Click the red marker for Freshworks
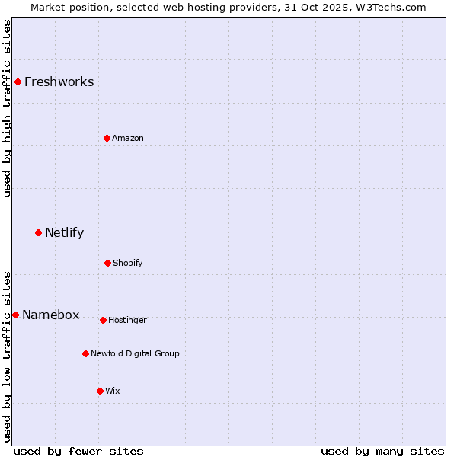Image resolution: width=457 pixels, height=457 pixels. click(x=18, y=81)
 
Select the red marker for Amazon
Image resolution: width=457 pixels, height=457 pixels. click(x=107, y=138)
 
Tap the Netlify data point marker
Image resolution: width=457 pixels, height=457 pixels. click(x=38, y=232)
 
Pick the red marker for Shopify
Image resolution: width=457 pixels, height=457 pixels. click(x=107, y=263)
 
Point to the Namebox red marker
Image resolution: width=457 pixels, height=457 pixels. click(x=15, y=315)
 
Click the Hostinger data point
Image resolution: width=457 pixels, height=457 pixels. click(x=103, y=320)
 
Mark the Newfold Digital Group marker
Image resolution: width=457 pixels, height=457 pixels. click(x=85, y=353)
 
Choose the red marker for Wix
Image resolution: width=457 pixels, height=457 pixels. click(x=100, y=391)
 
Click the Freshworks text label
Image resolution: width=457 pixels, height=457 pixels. click(x=59, y=81)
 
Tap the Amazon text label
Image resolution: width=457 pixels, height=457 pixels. click(x=127, y=138)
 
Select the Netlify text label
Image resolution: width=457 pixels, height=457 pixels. click(x=64, y=232)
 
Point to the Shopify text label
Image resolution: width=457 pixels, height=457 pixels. click(x=127, y=263)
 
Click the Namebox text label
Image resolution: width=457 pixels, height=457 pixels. click(x=50, y=315)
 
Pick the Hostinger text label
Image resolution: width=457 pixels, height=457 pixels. click(x=127, y=320)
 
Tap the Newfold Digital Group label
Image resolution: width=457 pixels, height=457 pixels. click(x=135, y=353)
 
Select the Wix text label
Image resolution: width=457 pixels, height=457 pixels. click(x=112, y=391)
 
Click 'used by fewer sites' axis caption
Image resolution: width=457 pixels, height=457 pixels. click(x=78, y=451)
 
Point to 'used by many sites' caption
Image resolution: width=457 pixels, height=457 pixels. click(x=382, y=451)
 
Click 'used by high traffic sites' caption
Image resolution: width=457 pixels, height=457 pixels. click(x=7, y=108)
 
